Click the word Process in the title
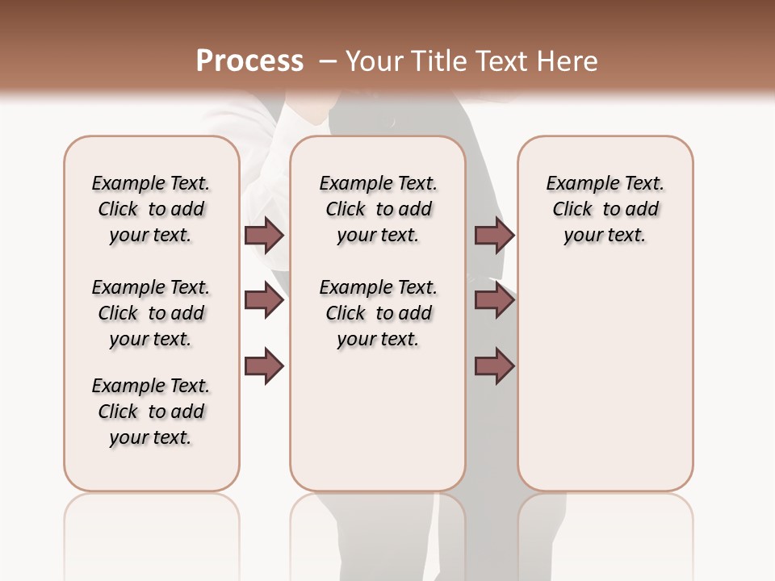[x=249, y=61]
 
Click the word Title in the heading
[x=436, y=61]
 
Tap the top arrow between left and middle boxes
[x=264, y=235]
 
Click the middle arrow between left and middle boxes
[x=264, y=301]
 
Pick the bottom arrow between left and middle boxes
[x=264, y=366]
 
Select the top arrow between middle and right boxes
[x=494, y=235]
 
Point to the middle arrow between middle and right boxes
[x=494, y=301]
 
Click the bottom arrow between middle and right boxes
[x=494, y=366]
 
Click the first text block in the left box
[x=151, y=209]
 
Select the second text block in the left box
[x=151, y=313]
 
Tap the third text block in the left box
[x=151, y=412]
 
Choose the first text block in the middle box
[x=378, y=209]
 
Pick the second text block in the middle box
[x=378, y=313]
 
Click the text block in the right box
[x=605, y=209]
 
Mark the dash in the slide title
[x=328, y=61]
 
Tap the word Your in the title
[x=374, y=61]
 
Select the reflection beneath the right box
[x=605, y=525]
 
